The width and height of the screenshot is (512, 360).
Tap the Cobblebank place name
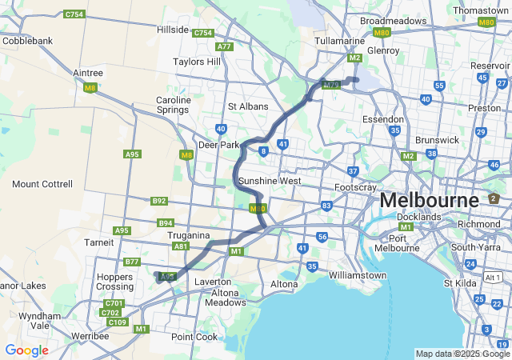[28, 40]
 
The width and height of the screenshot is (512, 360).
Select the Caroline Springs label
[174, 105]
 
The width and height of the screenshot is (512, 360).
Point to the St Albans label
[248, 106]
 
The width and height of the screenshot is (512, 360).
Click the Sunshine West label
[270, 181]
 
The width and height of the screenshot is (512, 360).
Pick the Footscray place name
[355, 187]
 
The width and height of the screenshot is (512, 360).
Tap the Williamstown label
[358, 275]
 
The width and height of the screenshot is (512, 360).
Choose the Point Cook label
[194, 337]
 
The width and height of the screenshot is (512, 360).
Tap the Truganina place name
[189, 236]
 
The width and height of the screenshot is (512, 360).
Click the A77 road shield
[224, 46]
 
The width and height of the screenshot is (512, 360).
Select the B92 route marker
[159, 201]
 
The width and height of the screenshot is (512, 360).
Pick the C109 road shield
[117, 322]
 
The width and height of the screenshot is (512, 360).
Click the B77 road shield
[133, 262]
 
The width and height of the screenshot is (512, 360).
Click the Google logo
[26, 350]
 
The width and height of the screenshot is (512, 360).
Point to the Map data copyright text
[462, 354]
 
